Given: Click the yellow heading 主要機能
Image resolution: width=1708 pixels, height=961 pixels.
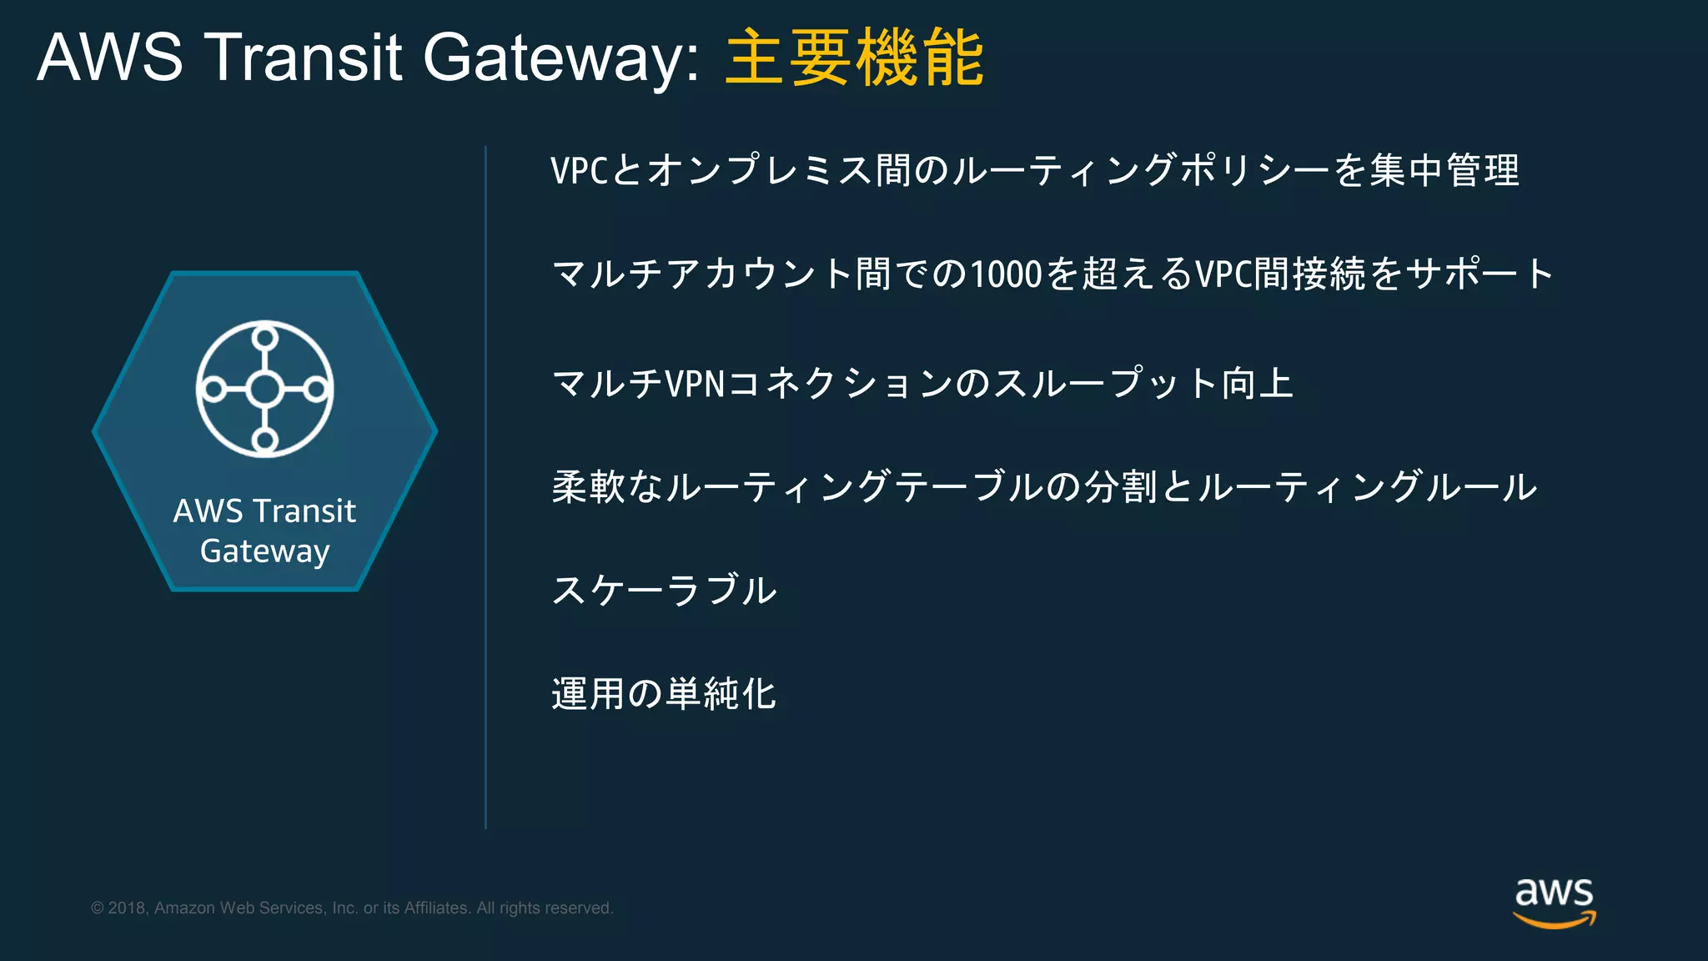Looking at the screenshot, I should click(x=855, y=58).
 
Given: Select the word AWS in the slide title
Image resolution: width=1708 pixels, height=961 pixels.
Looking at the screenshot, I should click(x=110, y=58).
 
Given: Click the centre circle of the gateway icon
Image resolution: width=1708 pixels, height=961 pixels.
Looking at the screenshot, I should click(x=265, y=389).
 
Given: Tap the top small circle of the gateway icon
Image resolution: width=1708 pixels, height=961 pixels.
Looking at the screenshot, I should click(x=265, y=338).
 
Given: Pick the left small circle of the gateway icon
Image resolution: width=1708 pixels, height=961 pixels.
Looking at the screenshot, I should click(x=213, y=389).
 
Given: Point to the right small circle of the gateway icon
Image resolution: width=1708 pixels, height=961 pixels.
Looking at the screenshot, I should click(x=316, y=389).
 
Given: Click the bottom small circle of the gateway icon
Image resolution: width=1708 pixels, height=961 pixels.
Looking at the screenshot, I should click(x=265, y=440).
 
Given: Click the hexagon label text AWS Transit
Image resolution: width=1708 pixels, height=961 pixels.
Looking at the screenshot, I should click(x=264, y=511).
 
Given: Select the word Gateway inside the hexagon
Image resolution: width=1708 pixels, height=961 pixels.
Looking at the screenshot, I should click(x=264, y=551).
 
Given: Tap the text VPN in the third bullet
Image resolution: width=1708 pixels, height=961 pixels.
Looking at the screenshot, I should click(x=696, y=384).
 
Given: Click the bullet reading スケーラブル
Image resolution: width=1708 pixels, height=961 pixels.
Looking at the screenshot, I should click(x=664, y=590).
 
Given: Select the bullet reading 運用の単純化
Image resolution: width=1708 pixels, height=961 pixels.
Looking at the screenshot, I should click(x=664, y=693).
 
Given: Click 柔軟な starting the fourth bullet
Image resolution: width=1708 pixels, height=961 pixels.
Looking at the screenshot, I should click(x=607, y=486).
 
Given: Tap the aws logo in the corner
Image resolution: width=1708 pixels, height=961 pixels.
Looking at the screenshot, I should click(x=1554, y=902).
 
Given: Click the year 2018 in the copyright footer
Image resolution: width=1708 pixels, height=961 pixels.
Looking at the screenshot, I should click(x=128, y=908).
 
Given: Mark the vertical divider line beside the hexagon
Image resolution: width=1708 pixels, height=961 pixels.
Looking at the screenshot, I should click(x=485, y=487).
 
